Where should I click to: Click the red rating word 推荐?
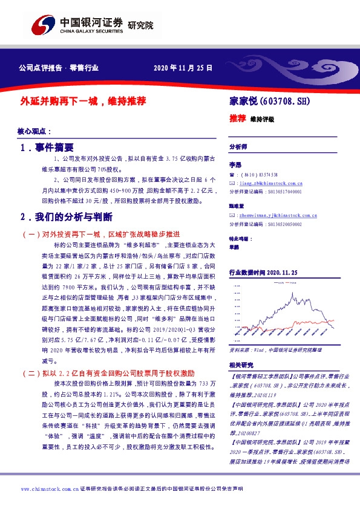point(237,118)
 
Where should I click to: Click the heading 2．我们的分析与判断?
point(68,217)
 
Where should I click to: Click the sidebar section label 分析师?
point(238,147)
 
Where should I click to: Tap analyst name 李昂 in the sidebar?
point(235,164)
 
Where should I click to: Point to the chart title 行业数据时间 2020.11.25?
point(264,274)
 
